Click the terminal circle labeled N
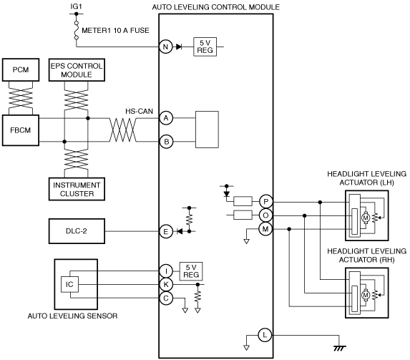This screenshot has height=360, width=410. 166,47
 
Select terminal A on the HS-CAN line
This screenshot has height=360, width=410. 166,118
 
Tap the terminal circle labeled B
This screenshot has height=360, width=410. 166,142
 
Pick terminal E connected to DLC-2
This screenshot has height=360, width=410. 166,232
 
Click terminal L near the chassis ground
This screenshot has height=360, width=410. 265,335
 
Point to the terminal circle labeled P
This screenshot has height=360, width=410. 265,202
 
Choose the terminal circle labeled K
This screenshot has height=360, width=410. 166,284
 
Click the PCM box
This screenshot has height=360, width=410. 21,70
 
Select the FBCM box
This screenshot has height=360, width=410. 21,130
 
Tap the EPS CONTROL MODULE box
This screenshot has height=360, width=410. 77,70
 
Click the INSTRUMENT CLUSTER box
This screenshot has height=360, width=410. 77,189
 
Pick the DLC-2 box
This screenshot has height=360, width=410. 77,231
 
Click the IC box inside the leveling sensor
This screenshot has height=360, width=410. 69,284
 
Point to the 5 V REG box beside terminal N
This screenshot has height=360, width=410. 205,47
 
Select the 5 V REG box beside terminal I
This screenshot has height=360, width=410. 191,271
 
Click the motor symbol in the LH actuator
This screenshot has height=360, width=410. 366,218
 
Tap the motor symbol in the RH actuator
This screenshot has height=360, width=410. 366,295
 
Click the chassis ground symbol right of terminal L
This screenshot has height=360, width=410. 339,348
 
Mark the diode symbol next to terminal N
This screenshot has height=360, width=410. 179,47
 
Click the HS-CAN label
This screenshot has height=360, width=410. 139,111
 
